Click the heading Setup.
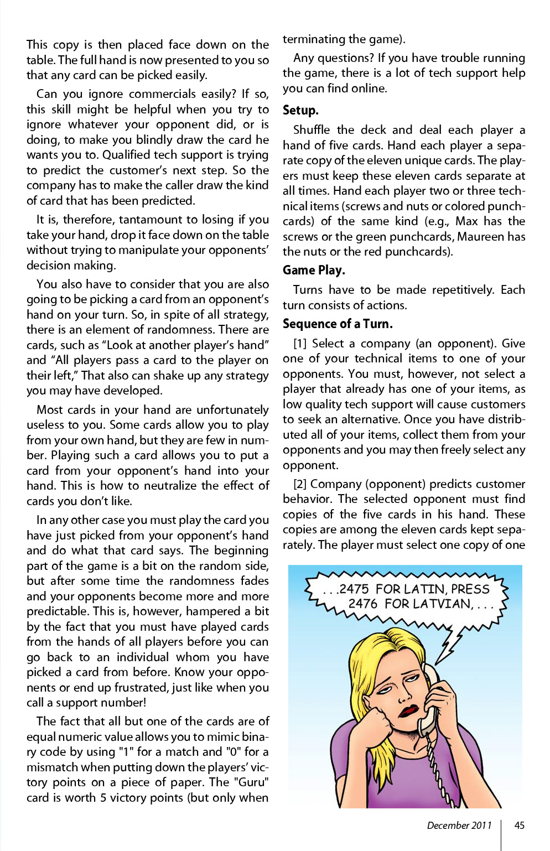coord(300,110)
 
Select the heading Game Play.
coord(314,270)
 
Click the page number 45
coord(519,825)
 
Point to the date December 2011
coord(459,825)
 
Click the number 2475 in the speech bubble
coord(354,589)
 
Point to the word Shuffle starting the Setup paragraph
coord(312,130)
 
